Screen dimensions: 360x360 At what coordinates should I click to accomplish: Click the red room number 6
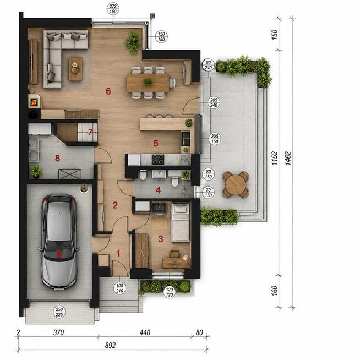tap(108, 91)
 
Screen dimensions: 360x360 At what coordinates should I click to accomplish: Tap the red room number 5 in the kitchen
tap(156, 144)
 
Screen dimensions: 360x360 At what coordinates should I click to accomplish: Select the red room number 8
tap(57, 158)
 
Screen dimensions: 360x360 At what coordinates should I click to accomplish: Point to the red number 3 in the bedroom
tap(161, 239)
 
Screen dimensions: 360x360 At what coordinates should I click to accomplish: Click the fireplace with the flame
tap(34, 101)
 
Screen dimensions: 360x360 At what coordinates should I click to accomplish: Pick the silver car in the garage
tap(59, 241)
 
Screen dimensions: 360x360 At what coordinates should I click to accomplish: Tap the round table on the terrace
tap(236, 184)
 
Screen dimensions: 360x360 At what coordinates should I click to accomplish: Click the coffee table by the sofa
tap(75, 69)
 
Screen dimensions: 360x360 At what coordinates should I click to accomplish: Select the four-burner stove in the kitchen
tap(158, 159)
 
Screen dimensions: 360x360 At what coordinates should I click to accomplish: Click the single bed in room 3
tap(181, 222)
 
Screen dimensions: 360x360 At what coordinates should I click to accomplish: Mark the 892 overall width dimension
tap(110, 346)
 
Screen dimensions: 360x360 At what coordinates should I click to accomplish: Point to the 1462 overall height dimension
tap(288, 158)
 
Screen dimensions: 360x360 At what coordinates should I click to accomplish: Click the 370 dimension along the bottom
tap(58, 332)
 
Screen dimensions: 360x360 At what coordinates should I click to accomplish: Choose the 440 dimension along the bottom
tap(145, 332)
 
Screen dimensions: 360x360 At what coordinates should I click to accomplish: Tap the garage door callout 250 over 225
tap(59, 312)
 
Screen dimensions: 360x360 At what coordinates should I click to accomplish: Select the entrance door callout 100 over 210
tap(119, 288)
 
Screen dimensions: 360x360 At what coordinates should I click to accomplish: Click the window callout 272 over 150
tap(113, 9)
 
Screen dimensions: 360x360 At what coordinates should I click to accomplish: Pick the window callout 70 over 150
tap(208, 193)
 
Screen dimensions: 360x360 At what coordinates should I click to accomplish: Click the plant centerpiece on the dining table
tap(148, 82)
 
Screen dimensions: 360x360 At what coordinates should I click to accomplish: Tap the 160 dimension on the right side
tap(275, 291)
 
